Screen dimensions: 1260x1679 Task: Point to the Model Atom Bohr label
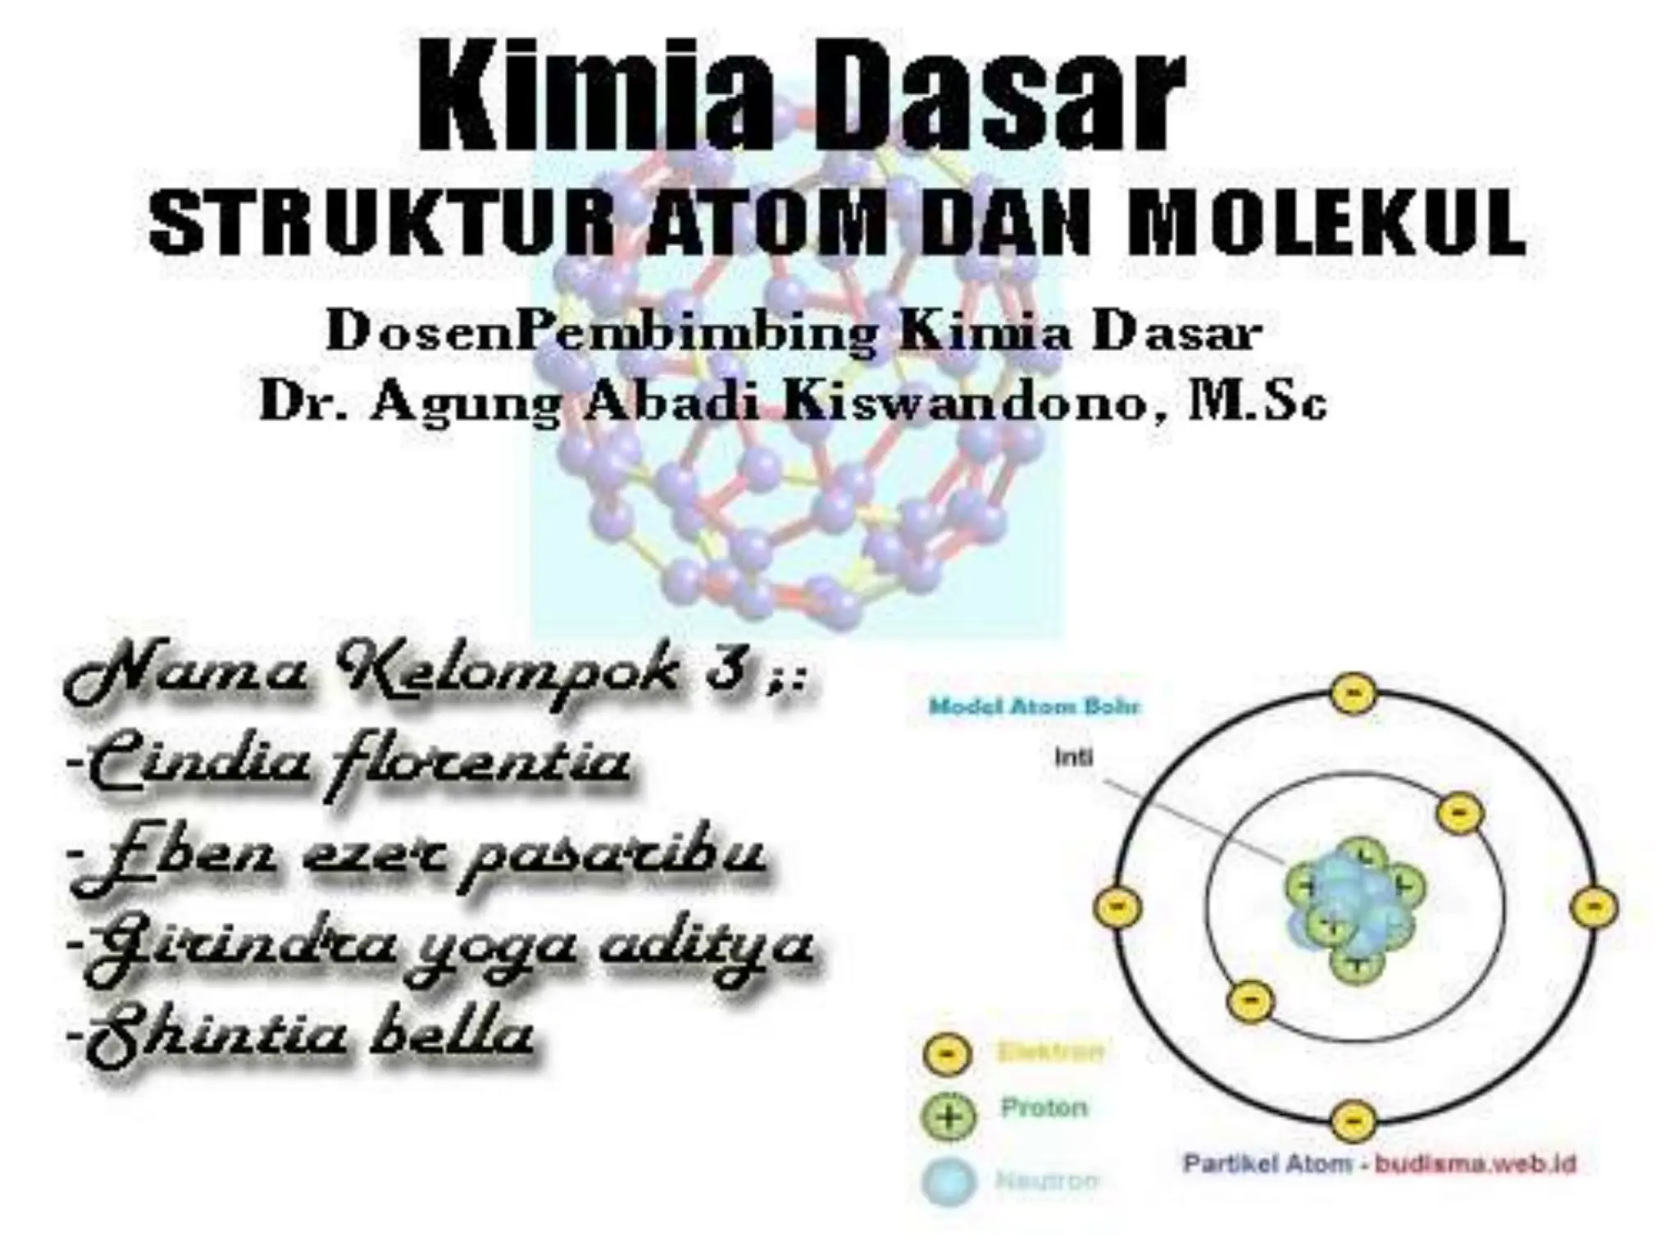click(1034, 706)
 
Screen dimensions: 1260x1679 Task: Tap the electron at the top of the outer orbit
click(1353, 694)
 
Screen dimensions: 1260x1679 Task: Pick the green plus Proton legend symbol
click(949, 1116)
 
